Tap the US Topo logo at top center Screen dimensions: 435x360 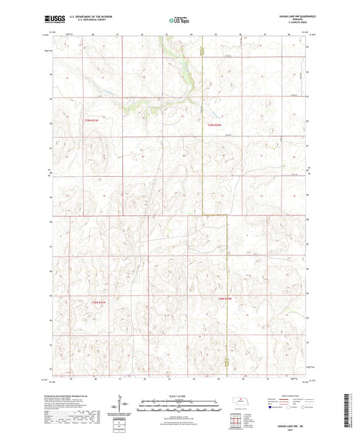point(178,21)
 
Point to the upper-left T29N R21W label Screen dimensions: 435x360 point(95,120)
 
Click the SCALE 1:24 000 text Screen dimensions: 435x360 point(178,396)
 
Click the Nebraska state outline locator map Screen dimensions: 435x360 point(239,401)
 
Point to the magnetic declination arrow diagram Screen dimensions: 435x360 point(124,405)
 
